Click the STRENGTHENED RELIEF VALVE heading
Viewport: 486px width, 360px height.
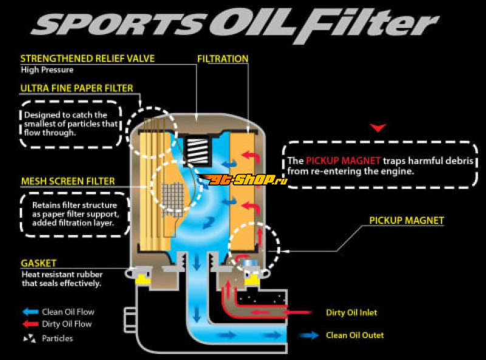(x=87, y=59)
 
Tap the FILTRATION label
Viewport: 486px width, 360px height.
(x=223, y=59)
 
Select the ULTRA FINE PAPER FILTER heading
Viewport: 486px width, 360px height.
(x=77, y=88)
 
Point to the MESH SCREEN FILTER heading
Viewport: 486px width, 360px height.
(x=67, y=181)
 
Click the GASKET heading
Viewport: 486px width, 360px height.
(x=38, y=263)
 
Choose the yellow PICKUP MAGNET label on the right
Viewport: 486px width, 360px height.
(x=406, y=220)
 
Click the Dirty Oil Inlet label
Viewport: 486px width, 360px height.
(x=351, y=313)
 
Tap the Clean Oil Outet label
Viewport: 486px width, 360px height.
(x=355, y=335)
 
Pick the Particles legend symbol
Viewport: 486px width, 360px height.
(x=29, y=338)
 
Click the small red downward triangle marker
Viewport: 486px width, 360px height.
(x=379, y=127)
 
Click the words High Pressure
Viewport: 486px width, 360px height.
(x=47, y=70)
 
